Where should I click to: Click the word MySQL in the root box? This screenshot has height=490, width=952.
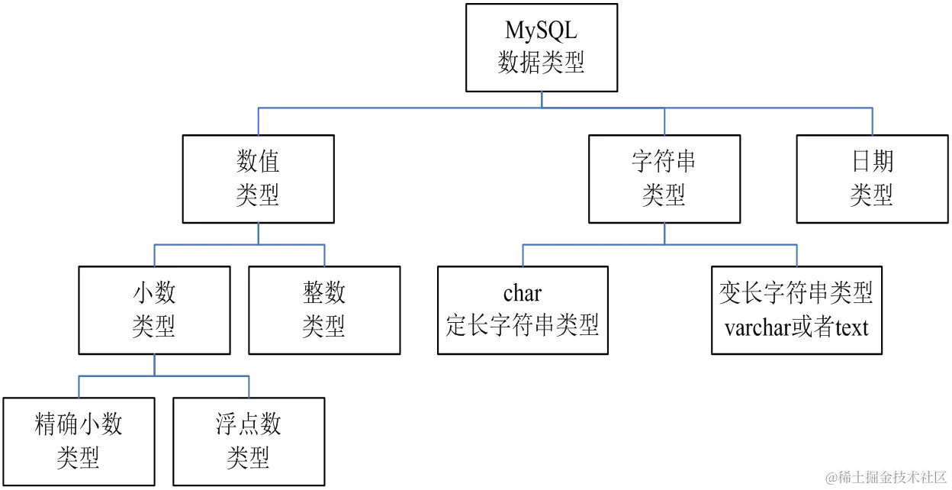coord(542,31)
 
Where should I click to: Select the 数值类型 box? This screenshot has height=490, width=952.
coord(258,179)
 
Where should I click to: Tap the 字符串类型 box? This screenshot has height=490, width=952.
coord(664,179)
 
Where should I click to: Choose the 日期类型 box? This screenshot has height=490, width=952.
coord(871,179)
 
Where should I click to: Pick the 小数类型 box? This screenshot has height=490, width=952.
coord(154,309)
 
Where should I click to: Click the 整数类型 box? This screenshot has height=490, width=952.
coord(324,309)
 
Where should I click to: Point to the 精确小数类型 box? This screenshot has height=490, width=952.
coord(79,440)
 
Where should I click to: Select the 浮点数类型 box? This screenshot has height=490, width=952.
coord(248,440)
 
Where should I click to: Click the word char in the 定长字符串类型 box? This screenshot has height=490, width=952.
coord(523,293)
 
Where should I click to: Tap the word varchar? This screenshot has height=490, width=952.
coord(758,327)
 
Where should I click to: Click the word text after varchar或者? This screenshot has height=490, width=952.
coord(852,327)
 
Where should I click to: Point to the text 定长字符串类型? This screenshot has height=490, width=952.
coord(523,326)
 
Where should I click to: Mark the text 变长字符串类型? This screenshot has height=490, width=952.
coord(796,293)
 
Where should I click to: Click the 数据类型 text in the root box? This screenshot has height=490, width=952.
coord(542,62)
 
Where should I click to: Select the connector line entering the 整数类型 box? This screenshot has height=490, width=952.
coord(326,254)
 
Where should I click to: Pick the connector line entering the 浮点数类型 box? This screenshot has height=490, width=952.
coord(248,386)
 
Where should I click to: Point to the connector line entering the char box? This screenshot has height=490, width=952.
coord(523,253)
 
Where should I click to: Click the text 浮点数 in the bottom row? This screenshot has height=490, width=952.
coord(248,424)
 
